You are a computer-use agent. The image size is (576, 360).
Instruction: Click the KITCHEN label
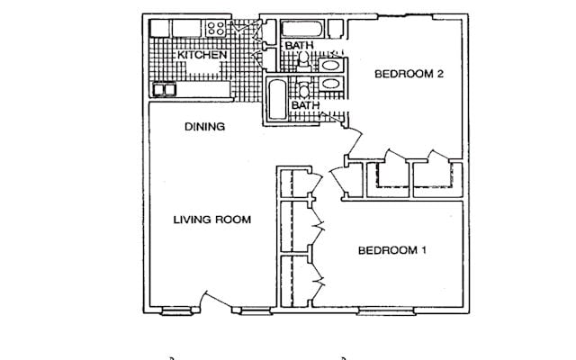[202, 55]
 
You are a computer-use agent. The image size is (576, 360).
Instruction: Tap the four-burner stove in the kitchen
[215, 28]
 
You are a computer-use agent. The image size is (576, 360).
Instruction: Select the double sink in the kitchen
[164, 89]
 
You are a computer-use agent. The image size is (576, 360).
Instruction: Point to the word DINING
[204, 127]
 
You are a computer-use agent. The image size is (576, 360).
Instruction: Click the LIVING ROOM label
[212, 220]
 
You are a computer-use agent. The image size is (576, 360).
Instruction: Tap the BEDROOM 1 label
[392, 250]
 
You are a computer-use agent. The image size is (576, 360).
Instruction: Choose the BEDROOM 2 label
[409, 74]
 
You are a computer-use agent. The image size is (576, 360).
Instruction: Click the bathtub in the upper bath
[302, 29]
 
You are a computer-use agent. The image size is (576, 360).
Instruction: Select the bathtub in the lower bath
[277, 99]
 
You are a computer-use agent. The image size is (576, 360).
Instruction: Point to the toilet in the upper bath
[303, 61]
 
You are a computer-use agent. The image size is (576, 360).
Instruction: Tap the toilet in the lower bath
[304, 87]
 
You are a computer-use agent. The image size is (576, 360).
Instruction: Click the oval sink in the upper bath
[330, 66]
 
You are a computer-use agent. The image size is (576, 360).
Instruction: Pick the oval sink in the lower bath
[330, 84]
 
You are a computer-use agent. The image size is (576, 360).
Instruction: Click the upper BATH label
[300, 46]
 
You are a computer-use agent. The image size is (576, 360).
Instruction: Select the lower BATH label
[306, 105]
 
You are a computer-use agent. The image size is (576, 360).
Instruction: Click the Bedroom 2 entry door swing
[354, 141]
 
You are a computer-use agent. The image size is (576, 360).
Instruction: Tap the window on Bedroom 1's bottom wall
[386, 312]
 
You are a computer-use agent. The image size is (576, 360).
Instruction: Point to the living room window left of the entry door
[177, 311]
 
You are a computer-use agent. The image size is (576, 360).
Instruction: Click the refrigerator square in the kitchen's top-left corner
[160, 28]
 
